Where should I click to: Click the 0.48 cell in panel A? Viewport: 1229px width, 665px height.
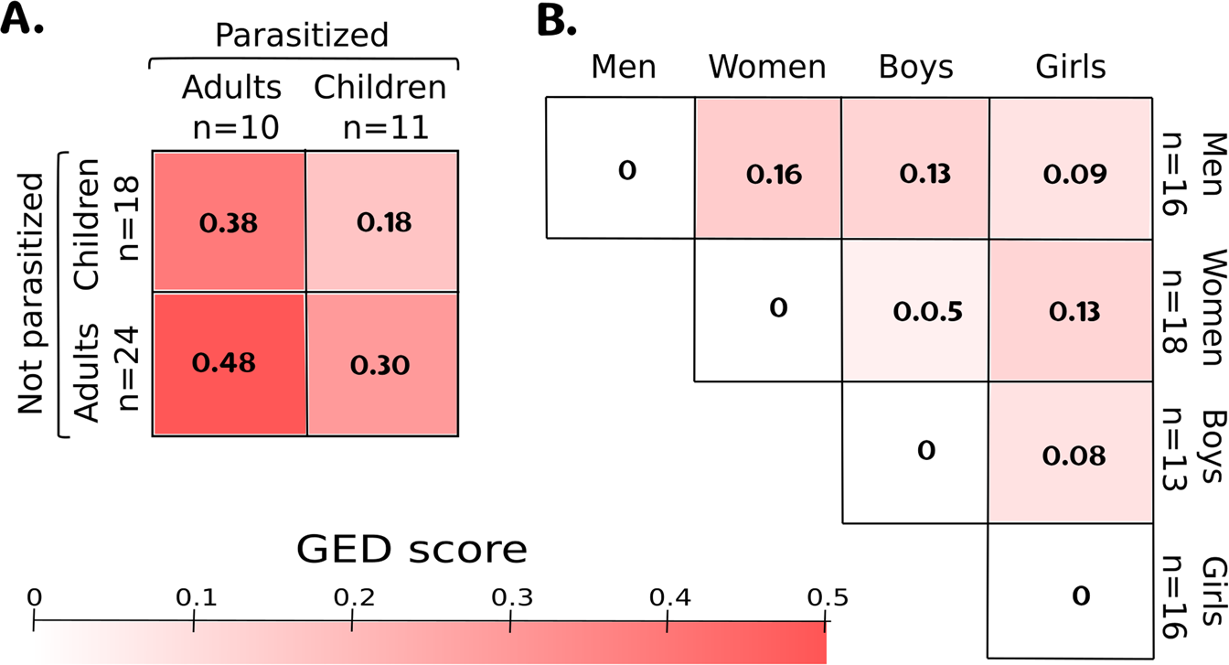[229, 363]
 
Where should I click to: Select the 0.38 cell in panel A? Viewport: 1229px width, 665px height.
[229, 221]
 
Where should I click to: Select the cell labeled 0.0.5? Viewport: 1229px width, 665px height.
[914, 310]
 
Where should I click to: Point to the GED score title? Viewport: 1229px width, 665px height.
[411, 551]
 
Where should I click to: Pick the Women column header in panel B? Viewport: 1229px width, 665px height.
[767, 68]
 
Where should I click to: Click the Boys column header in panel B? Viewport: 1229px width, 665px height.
[914, 68]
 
